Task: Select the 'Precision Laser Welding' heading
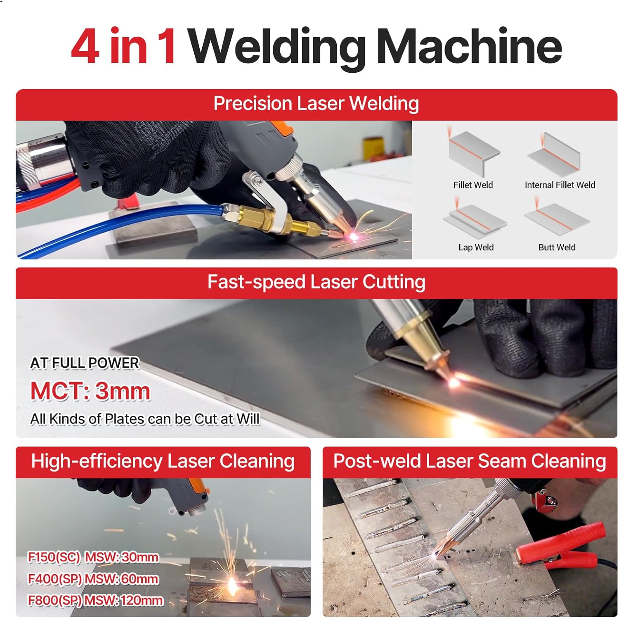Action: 316,103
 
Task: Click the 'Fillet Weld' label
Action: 473,185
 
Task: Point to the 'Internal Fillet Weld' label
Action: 560,185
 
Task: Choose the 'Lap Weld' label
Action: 476,247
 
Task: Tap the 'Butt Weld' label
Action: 557,247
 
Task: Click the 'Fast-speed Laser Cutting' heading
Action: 316,282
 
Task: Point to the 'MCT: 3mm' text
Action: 90,391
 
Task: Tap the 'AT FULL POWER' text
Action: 85,363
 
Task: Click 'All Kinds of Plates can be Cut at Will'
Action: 145,419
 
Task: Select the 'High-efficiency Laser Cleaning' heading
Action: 163,461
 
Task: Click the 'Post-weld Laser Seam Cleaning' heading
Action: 470,461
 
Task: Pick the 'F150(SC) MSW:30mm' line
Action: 93,557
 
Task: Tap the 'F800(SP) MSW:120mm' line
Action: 95,600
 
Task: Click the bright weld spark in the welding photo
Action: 354,237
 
